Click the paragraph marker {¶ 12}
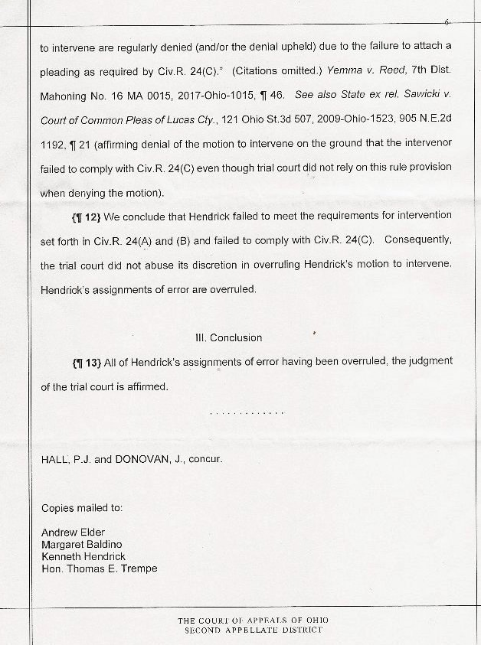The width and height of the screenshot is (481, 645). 86,215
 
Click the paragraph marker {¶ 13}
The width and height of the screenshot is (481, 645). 86,361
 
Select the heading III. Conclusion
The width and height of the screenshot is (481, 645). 229,337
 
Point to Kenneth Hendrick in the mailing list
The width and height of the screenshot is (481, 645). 83,557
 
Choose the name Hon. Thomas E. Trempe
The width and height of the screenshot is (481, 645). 99,568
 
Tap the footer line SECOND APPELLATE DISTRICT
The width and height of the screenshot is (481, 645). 254,630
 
